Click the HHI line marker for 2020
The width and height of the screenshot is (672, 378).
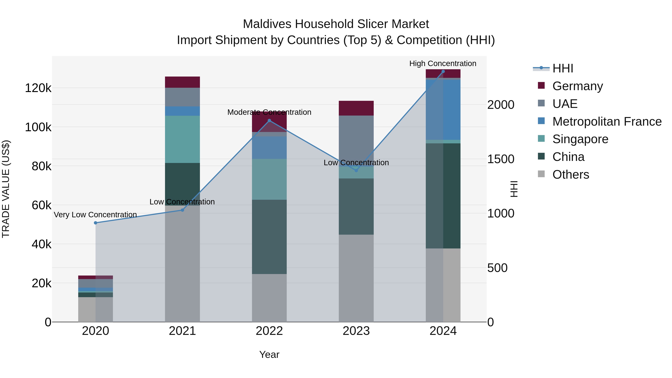coord(95,223)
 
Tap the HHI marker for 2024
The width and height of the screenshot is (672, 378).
coord(443,71)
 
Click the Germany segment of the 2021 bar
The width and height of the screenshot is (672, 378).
coord(182,82)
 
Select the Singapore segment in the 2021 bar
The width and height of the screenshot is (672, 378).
coord(182,139)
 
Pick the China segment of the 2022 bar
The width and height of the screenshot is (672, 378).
coord(269,237)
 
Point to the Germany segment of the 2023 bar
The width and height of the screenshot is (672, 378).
coord(356,108)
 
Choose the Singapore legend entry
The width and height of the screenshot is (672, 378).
coord(580,139)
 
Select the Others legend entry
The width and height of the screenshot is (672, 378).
coord(570,175)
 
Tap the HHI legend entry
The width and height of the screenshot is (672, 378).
coord(562,68)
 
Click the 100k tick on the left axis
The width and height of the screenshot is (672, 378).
coord(38,127)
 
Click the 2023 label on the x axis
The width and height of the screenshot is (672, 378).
coord(356,331)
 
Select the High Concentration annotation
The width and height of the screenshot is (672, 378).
coord(443,63)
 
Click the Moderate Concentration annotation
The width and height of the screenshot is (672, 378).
coord(269,112)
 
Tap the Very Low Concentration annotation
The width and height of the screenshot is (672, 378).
coord(95,215)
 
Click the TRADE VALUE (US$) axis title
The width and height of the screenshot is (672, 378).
coord(6,189)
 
